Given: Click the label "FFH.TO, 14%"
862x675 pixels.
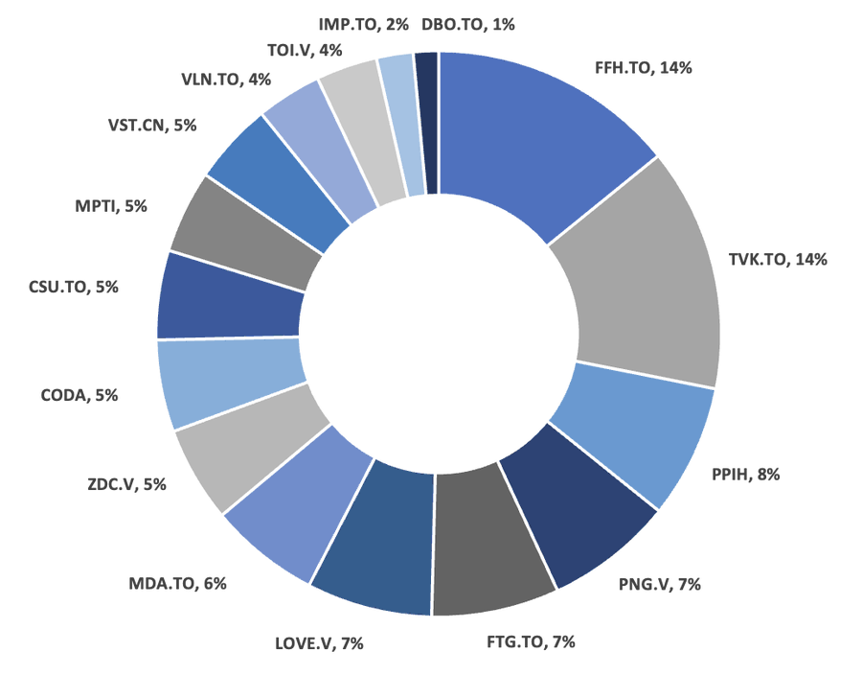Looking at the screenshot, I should tap(644, 69).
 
